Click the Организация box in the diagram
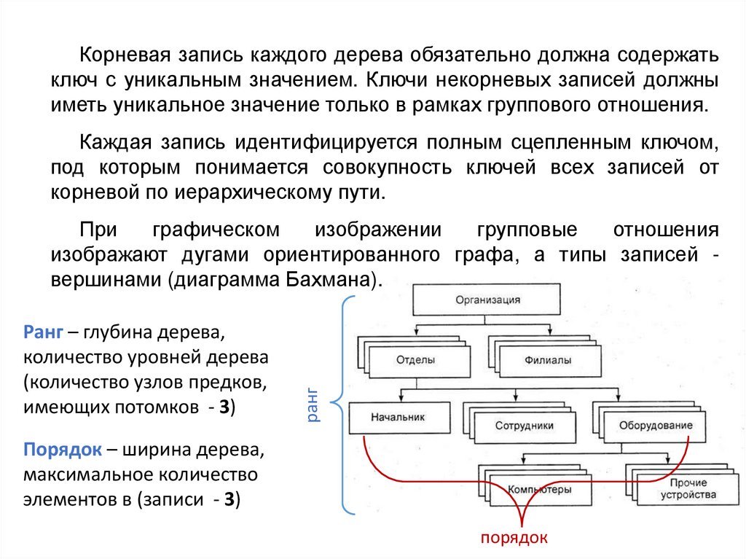coord(487,299)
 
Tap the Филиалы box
coord(547,360)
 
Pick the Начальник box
coord(397,418)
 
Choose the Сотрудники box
coord(525,426)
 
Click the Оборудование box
coord(656,425)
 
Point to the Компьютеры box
coord(539,490)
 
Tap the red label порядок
coord(514,537)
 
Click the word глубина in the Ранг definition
coord(122,332)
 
